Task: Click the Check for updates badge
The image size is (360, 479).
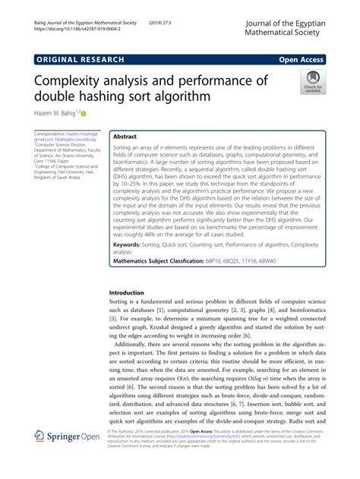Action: click(312, 83)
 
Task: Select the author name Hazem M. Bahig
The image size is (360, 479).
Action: click(59, 113)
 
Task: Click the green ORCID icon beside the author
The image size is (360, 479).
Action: click(95, 113)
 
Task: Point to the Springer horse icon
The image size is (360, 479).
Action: click(41, 458)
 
